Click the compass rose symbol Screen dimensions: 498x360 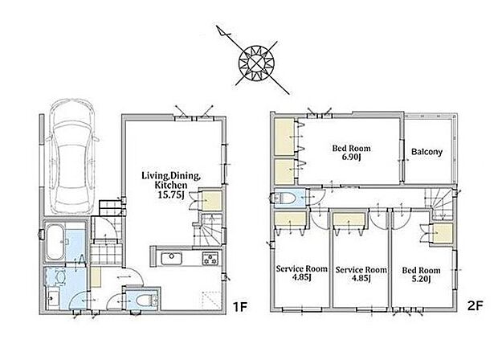[x=254, y=60]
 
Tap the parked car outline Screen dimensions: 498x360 [x=73, y=156]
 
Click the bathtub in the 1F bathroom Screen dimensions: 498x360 [x=55, y=242]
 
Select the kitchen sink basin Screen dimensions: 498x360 [x=171, y=258]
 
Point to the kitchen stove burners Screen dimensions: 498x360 [x=210, y=258]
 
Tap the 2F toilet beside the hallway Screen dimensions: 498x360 [x=284, y=198]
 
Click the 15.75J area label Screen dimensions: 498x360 [x=171, y=194]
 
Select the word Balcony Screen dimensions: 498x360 [x=427, y=152]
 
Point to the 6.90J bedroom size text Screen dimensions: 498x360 [x=351, y=157]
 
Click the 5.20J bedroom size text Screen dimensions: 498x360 [x=421, y=279]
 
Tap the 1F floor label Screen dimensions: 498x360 [x=240, y=307]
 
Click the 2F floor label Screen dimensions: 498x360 [x=476, y=305]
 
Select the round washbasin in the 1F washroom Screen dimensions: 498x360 [x=59, y=277]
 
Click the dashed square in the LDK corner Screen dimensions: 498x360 [x=211, y=299]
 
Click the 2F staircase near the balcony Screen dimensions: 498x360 [x=439, y=203]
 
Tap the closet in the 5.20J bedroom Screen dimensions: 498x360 [x=443, y=233]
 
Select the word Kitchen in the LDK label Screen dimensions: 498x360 [x=170, y=185]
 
